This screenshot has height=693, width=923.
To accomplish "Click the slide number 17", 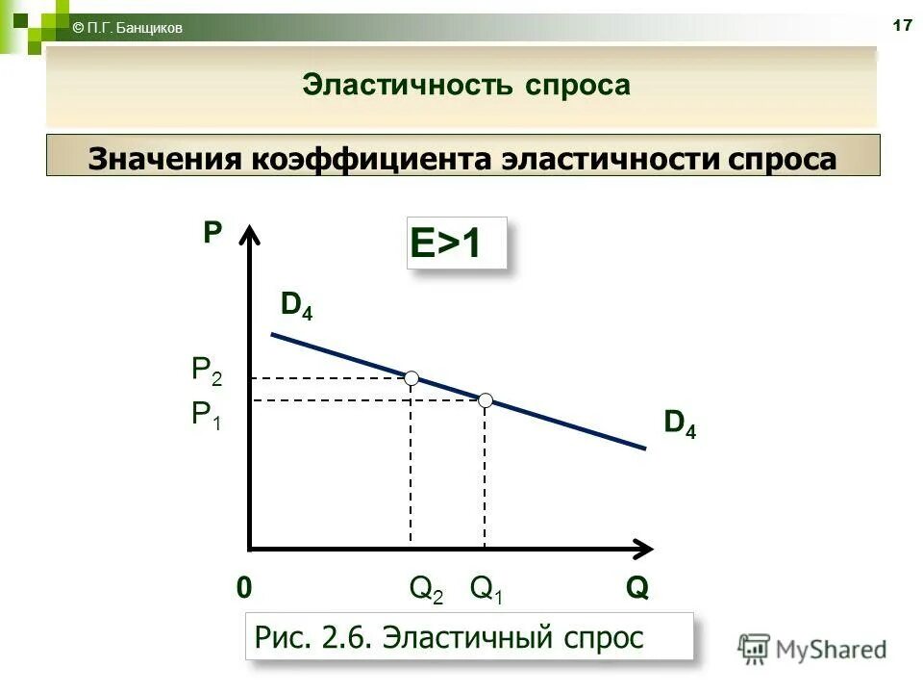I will [x=902, y=26].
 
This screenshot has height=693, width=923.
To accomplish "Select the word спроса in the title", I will [x=578, y=85].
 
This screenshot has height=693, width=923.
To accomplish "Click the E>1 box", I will [x=457, y=244].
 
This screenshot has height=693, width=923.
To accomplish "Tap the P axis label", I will [x=212, y=232].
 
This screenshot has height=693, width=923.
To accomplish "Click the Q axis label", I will [x=636, y=588].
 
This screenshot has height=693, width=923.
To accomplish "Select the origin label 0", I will [x=244, y=588].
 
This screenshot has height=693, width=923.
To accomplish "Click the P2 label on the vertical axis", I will [x=207, y=371].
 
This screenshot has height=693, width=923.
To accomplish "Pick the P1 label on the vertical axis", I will [x=207, y=415].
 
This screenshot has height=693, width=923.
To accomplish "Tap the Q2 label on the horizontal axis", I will [x=426, y=589].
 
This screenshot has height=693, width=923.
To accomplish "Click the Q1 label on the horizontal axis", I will [x=486, y=589].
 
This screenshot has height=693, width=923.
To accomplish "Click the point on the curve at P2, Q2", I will [x=412, y=377].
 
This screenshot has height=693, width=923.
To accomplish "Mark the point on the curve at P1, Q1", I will [x=486, y=399].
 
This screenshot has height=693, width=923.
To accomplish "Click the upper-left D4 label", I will [x=296, y=305].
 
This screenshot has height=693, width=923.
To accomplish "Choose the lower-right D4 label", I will [x=680, y=424].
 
